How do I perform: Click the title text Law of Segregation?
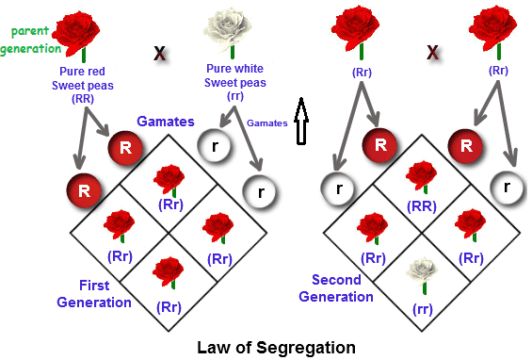point(276,347)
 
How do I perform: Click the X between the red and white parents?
point(160,53)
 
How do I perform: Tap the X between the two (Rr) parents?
point(432,53)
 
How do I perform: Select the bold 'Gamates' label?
point(166,123)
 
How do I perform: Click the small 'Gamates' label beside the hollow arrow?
point(269,123)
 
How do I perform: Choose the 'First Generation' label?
point(94,294)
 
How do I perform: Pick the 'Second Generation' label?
point(336,288)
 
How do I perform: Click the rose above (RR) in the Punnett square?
point(422,177)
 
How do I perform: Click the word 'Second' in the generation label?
point(335,280)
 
